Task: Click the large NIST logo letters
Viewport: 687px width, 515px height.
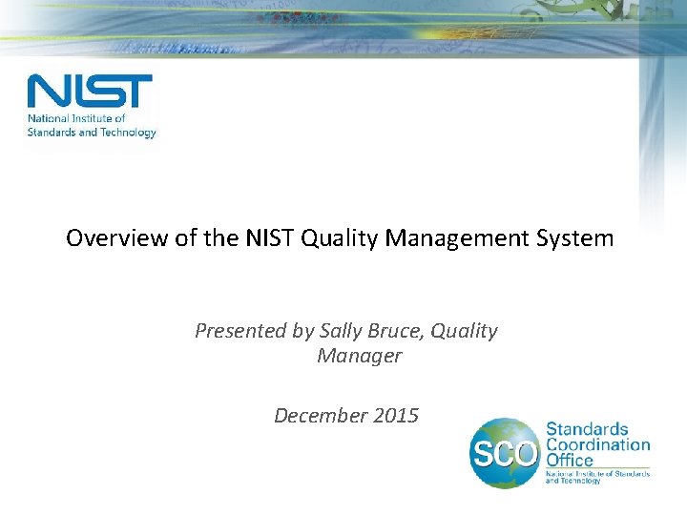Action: pyautogui.click(x=90, y=92)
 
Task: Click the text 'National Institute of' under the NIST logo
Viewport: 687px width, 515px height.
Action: pyautogui.click(x=76, y=119)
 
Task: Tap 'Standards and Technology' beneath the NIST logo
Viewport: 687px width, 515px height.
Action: pyautogui.click(x=92, y=133)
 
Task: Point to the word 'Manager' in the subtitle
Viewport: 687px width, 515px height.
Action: pyautogui.click(x=359, y=357)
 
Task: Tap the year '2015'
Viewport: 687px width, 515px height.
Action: pyautogui.click(x=396, y=416)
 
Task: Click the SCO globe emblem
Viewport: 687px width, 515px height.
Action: pyautogui.click(x=505, y=452)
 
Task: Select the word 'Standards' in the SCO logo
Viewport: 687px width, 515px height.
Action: pyautogui.click(x=587, y=430)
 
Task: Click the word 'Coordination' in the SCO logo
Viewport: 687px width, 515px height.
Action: pyautogui.click(x=597, y=445)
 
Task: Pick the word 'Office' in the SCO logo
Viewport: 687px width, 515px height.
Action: pyautogui.click(x=570, y=461)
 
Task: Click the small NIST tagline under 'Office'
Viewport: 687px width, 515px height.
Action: pyautogui.click(x=596, y=477)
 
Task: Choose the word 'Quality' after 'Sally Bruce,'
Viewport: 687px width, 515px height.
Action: pyautogui.click(x=464, y=331)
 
